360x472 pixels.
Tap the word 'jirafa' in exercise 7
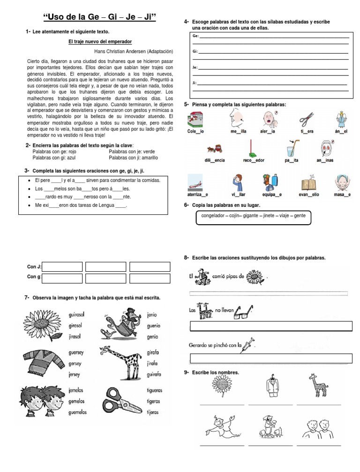click(153, 363)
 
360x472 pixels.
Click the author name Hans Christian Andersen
click(134, 51)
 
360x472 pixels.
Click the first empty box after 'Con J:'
click(62, 267)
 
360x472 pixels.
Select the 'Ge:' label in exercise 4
click(195, 36)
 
